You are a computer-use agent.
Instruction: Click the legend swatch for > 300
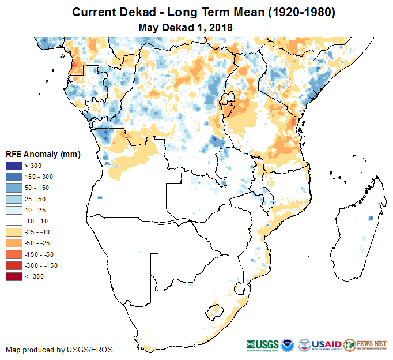tap(14, 166)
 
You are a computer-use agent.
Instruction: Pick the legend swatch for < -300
tap(14, 276)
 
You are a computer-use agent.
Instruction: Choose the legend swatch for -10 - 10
tap(14, 221)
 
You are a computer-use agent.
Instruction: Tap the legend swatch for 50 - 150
tap(14, 187)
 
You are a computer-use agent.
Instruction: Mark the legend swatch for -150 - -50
tap(14, 254)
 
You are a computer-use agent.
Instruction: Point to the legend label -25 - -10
tap(37, 232)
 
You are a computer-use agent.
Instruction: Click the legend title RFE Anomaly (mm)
tap(43, 154)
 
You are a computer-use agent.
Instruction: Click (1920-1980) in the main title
tap(299, 12)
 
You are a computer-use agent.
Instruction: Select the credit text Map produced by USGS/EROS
tap(59, 350)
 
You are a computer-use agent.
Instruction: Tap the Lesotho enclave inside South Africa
tap(217, 311)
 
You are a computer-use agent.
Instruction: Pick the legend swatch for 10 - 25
tap(14, 210)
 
